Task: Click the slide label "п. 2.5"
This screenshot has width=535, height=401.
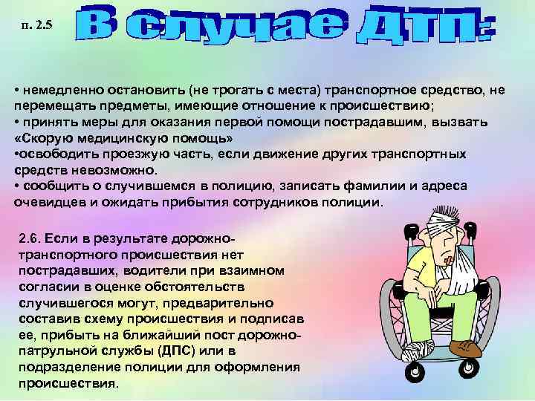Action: click(38, 28)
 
